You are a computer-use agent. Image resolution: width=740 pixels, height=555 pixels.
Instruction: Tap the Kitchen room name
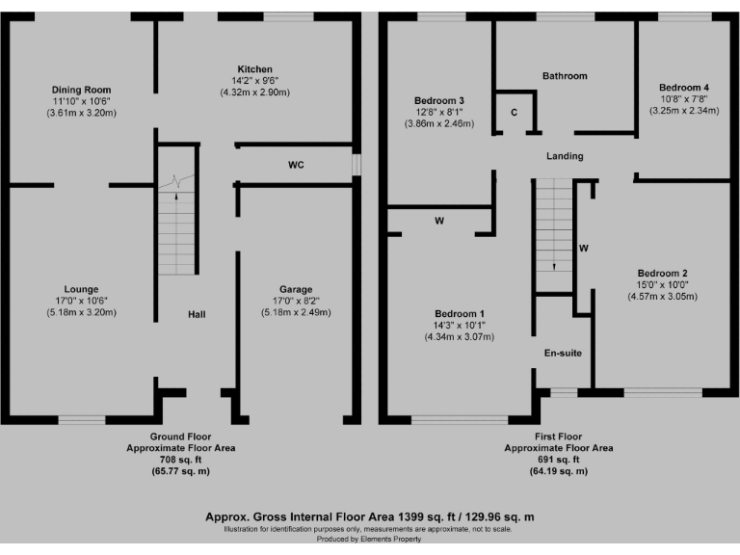[254, 69]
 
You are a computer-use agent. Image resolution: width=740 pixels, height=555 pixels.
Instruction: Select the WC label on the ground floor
[296, 165]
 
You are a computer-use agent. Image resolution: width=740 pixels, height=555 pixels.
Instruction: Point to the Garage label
[296, 289]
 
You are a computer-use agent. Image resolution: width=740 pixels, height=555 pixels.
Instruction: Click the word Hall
[197, 314]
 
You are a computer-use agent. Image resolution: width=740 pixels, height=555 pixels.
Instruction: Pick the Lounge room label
[81, 289]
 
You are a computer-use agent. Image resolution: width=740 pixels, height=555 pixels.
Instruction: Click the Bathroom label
[565, 76]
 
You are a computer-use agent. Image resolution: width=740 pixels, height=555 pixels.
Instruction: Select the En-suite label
[563, 354]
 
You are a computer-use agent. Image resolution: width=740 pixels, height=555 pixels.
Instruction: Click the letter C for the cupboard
[515, 113]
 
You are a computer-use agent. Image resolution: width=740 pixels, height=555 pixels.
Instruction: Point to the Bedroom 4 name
[682, 86]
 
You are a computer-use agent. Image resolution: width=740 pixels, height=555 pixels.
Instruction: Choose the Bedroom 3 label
[439, 101]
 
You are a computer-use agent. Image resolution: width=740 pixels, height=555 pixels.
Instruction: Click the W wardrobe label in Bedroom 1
[439, 222]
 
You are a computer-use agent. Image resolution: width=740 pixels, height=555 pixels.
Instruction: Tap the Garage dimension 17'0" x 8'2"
[296, 301]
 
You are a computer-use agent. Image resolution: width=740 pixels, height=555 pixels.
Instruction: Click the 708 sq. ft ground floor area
[180, 460]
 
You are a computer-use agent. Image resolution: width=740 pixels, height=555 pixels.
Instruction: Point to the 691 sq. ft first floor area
[559, 460]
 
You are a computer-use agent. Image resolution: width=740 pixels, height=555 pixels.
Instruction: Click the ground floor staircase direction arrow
[176, 197]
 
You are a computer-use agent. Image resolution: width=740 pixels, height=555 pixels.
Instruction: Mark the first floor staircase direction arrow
[555, 267]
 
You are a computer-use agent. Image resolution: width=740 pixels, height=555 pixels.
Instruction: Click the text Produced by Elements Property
[369, 539]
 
